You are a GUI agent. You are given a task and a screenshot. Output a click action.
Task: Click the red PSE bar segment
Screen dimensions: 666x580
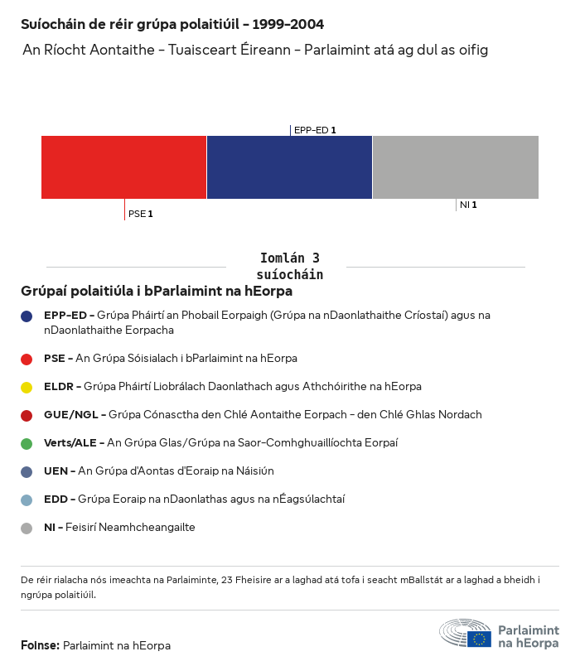click(123, 167)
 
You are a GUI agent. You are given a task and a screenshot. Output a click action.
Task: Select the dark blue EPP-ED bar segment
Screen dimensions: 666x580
click(289, 167)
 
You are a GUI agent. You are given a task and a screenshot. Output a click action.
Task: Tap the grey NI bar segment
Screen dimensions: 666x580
click(456, 167)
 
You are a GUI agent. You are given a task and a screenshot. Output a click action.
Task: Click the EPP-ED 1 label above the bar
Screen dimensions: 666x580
click(315, 130)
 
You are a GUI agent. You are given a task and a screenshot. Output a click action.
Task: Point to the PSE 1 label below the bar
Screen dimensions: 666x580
click(141, 214)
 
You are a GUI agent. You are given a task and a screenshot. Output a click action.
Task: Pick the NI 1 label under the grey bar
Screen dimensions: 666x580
click(468, 205)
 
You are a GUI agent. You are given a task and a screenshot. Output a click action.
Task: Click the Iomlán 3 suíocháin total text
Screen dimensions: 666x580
click(289, 266)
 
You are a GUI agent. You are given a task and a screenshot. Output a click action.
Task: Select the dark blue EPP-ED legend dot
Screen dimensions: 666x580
click(27, 316)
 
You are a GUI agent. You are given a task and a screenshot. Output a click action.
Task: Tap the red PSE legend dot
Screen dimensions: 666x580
click(27, 359)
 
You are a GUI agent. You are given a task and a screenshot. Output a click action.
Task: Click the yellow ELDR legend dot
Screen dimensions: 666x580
click(27, 387)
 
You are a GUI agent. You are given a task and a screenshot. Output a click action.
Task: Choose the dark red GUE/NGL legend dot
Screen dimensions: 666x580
click(27, 415)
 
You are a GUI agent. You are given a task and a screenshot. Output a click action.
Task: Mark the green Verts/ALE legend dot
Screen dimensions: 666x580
click(27, 443)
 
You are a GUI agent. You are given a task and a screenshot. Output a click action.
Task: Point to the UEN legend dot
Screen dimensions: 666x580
click(27, 471)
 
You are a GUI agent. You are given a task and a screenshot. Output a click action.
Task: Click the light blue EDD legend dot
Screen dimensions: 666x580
click(27, 499)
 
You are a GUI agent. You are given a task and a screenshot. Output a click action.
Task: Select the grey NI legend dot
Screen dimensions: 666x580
click(27, 528)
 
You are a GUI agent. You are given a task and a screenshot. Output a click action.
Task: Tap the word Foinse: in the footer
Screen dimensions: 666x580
click(40, 645)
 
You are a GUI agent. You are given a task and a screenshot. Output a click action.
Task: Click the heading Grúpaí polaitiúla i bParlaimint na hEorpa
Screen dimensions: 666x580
click(157, 292)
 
